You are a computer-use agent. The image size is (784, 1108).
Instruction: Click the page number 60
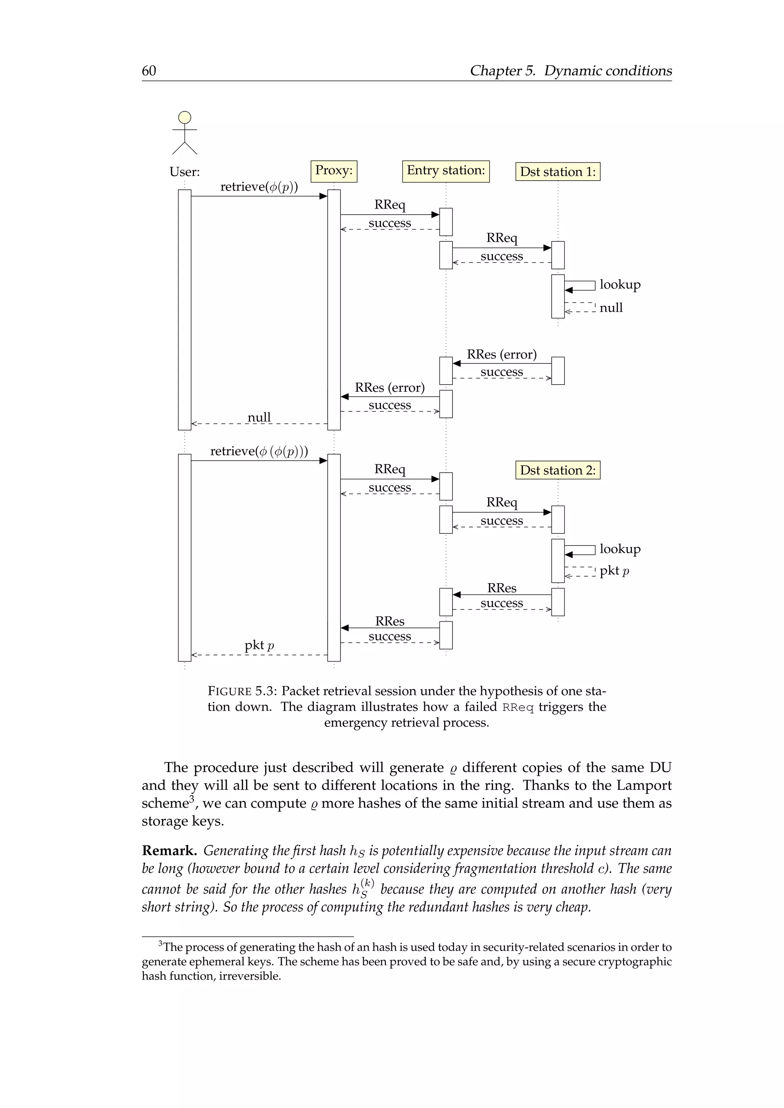[149, 71]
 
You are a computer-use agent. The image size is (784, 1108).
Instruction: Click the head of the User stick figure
[185, 117]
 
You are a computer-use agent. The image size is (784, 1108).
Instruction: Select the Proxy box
[333, 171]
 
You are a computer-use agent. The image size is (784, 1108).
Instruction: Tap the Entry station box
[446, 171]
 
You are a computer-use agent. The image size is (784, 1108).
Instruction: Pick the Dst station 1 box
[558, 172]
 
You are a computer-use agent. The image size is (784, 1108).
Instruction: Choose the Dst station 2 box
[558, 470]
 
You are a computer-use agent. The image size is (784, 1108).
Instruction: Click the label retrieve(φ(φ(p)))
[259, 451]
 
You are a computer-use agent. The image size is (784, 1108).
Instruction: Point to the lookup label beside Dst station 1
[620, 285]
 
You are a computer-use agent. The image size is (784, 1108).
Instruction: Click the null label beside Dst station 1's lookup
[611, 308]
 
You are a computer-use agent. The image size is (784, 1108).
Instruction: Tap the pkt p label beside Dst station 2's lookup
[614, 571]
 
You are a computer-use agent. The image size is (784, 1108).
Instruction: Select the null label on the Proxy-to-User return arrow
[259, 417]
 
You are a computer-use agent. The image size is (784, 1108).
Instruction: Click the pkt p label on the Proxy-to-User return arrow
[259, 645]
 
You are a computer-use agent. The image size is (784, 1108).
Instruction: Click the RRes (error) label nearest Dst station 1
[501, 355]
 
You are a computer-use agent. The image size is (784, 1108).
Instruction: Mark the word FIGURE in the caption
[230, 691]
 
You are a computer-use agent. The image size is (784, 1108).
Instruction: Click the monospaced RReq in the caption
[518, 707]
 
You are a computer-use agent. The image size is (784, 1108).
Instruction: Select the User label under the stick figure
[185, 172]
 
